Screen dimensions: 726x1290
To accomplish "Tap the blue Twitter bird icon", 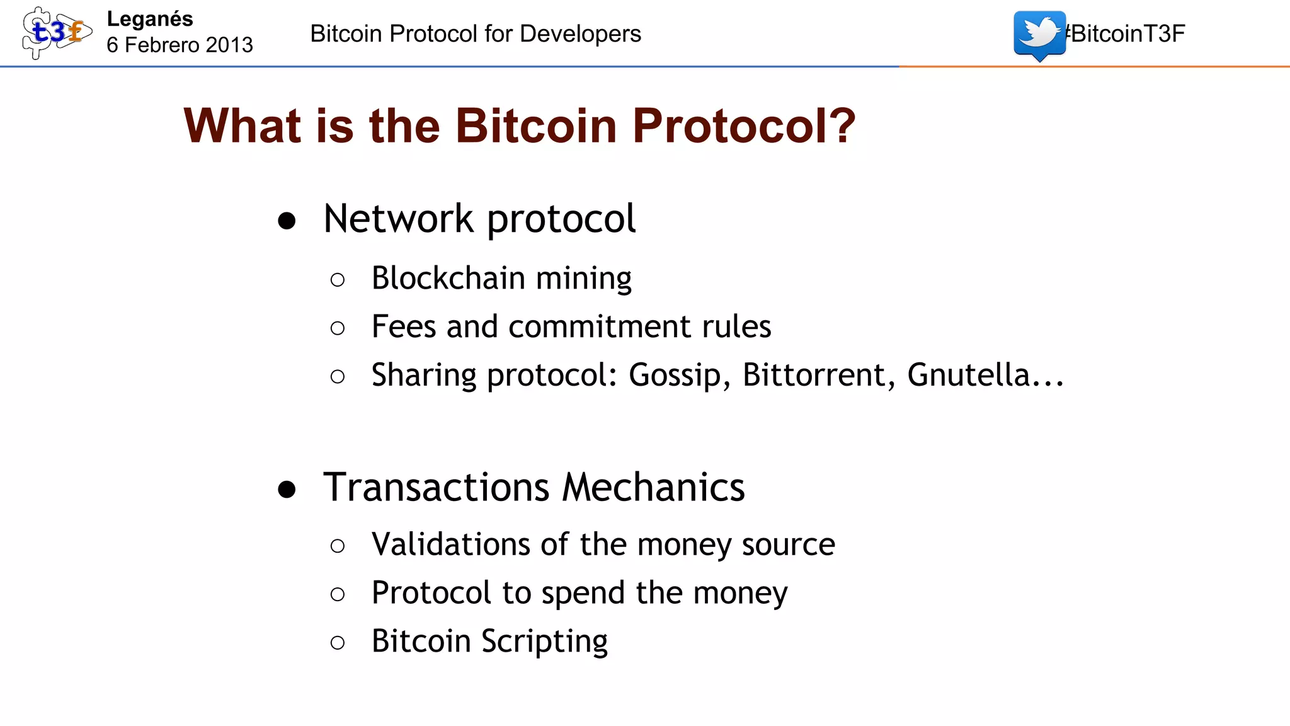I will (x=1039, y=34).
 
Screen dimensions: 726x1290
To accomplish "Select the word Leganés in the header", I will (x=150, y=19).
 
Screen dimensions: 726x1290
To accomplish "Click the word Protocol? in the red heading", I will (x=744, y=126).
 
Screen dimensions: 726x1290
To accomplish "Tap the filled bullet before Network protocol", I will (x=287, y=221).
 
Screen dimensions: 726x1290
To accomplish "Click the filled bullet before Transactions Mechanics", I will (x=287, y=490).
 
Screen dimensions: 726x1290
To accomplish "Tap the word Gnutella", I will (x=977, y=375).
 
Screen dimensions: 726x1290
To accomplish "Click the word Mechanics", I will (x=653, y=488).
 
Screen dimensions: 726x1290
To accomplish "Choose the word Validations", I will (x=450, y=544).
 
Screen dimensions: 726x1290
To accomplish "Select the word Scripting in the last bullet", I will (x=544, y=642).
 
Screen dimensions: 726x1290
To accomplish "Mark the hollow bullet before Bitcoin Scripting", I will (x=338, y=643).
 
